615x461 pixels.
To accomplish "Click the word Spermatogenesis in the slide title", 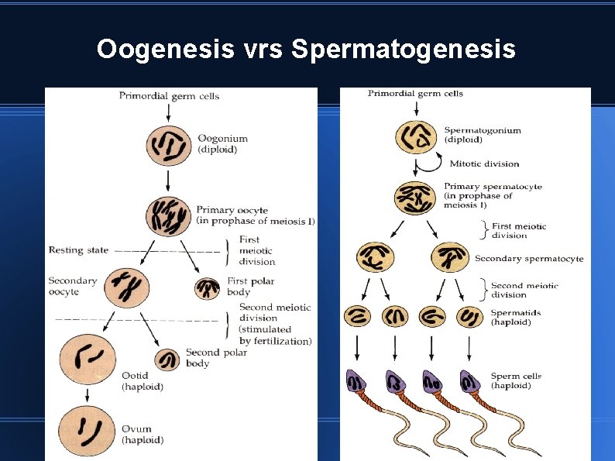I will [403, 50].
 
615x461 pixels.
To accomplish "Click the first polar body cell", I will [207, 288].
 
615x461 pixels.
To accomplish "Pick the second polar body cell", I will [167, 359].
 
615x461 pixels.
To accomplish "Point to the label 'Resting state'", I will [76, 250].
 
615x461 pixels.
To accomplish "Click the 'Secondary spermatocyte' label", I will [529, 259].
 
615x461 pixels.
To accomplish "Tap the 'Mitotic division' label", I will [484, 163].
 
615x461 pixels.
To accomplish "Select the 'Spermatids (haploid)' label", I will [516, 318].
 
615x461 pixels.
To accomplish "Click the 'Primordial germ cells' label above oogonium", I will [169, 96].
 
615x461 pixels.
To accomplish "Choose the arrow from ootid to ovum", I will [88, 394].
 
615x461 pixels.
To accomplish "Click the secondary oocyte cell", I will [128, 286].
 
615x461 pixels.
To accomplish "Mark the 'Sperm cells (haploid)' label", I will [516, 380].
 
